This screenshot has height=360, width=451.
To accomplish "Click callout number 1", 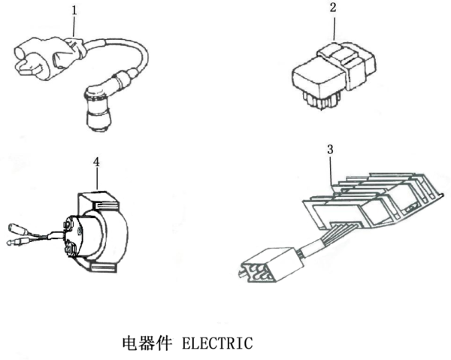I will [74, 11].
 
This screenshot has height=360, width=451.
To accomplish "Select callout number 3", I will [330, 150].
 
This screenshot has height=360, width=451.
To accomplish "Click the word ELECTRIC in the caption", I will [218, 343].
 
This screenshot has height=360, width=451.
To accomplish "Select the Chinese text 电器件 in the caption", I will [148, 343].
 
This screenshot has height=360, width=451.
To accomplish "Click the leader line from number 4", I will [96, 179].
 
